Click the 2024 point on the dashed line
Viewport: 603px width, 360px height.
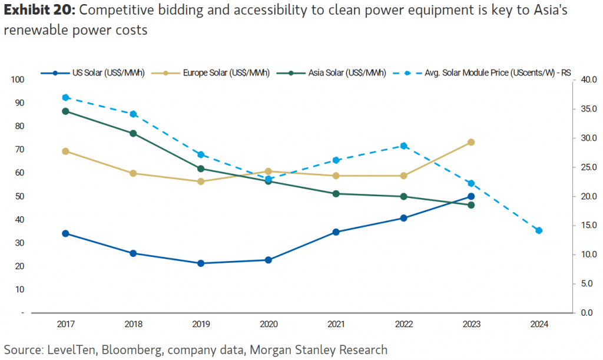click(x=539, y=230)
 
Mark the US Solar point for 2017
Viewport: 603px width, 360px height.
click(x=65, y=233)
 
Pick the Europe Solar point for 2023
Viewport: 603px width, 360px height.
click(x=471, y=142)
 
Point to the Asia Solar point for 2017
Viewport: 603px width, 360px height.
click(x=65, y=111)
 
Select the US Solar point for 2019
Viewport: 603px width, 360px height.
click(x=201, y=263)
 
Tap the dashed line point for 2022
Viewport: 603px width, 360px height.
click(x=403, y=146)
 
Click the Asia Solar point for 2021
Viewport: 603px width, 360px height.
click(x=336, y=193)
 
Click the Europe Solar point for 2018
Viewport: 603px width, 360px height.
click(x=133, y=173)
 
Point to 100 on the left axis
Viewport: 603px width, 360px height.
click(x=16, y=80)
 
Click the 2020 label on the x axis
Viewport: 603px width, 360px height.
click(x=268, y=324)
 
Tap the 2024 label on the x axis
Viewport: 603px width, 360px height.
click(x=539, y=324)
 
